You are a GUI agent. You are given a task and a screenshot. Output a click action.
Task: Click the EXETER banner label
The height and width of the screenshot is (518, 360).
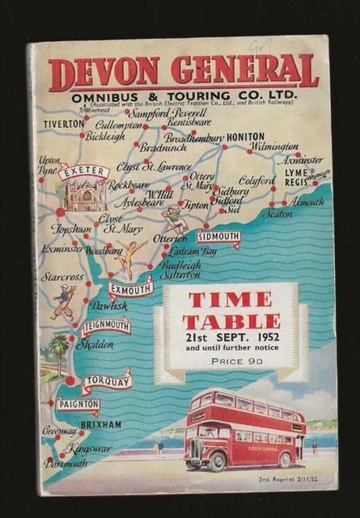pos(83,172)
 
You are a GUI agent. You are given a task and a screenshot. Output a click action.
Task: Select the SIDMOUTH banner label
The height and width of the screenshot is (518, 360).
pos(218,237)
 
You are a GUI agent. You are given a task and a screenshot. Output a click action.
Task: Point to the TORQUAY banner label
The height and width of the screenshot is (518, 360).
pos(107,380)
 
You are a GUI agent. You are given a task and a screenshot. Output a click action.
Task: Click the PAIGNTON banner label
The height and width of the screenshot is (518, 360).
pos(78,403)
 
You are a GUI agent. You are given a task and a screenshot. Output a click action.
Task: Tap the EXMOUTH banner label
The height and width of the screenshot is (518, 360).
pos(129,288)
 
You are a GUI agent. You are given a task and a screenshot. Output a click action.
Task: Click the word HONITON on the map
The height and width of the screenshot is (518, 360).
pos(245,137)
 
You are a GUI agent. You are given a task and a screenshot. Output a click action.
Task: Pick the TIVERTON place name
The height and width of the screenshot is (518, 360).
pos(64,124)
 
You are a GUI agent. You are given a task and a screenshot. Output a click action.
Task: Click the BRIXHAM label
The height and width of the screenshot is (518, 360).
pos(101,424)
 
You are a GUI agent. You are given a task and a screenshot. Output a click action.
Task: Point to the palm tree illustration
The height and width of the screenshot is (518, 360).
pos(57,347)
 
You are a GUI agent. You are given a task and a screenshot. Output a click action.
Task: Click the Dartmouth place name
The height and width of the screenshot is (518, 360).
pos(66,464)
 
